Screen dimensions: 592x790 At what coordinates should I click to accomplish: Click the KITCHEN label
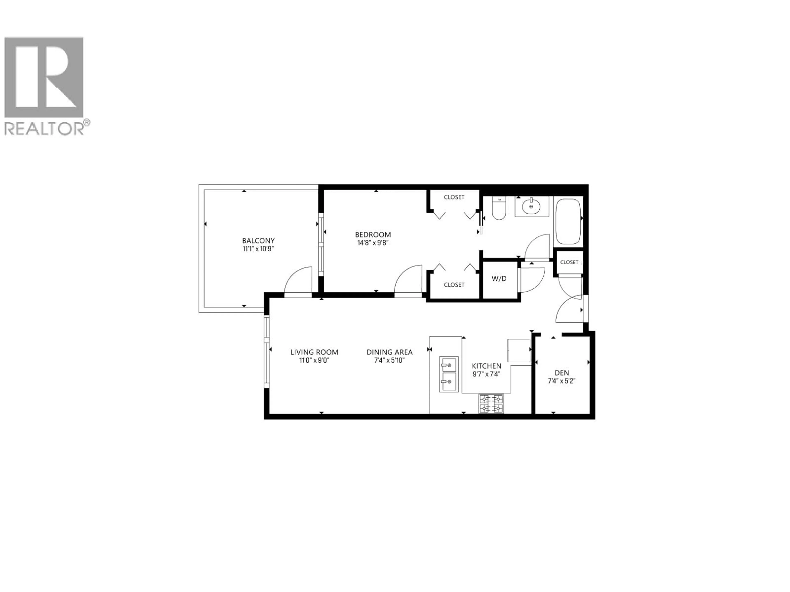(x=486, y=366)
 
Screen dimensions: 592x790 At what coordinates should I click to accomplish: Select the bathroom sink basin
(x=531, y=206)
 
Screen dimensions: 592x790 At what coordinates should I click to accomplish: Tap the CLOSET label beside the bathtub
(x=569, y=262)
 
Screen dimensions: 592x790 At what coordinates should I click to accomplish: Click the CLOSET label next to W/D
(x=454, y=285)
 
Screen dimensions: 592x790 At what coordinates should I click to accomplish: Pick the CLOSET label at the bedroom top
(x=454, y=197)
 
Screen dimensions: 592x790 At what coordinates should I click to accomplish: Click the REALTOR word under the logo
(x=44, y=129)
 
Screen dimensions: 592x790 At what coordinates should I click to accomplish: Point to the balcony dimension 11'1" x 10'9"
(x=258, y=249)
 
